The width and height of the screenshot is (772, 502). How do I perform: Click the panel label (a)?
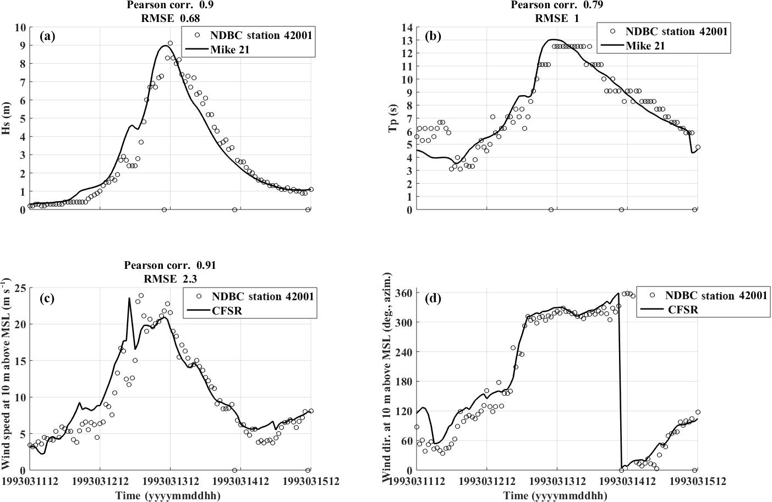48,37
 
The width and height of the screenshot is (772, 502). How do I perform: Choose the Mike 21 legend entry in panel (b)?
645,46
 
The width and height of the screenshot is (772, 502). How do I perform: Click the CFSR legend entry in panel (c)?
226,311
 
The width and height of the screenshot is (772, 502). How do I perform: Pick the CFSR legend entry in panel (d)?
683,309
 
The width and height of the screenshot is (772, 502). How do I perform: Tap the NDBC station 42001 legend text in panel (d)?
716,295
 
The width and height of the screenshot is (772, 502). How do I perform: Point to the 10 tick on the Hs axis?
20,27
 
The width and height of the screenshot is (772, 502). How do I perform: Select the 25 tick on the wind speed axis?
20,288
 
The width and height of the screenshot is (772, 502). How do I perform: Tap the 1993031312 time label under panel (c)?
169,481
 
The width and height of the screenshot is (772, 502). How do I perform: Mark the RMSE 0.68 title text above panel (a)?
169,18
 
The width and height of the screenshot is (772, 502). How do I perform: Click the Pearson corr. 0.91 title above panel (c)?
169,265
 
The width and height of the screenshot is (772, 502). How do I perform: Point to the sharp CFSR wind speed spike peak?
129,299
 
